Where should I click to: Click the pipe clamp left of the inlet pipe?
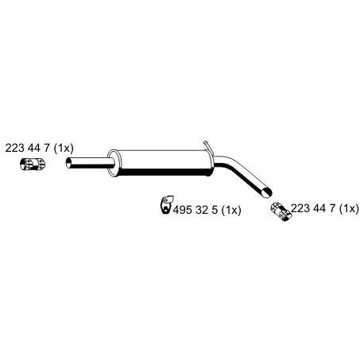coord(33,164)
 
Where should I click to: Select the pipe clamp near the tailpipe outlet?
coord(281,211)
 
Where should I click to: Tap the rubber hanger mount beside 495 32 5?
coord(167,204)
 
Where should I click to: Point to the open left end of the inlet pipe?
coord(69,162)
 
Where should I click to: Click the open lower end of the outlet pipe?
coord(267,192)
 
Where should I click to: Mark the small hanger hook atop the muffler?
coord(207,145)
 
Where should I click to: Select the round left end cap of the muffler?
coord(114,163)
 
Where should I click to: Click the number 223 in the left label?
coord(14,148)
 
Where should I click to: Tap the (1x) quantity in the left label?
coord(64,148)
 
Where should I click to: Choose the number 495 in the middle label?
coord(183,210)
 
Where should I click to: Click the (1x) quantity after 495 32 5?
coord(231,210)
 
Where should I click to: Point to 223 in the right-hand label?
coord(300,208)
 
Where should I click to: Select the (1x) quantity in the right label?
coord(349,208)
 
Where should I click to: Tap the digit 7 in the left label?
coord(47,148)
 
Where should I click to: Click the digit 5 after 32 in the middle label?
coord(215,210)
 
